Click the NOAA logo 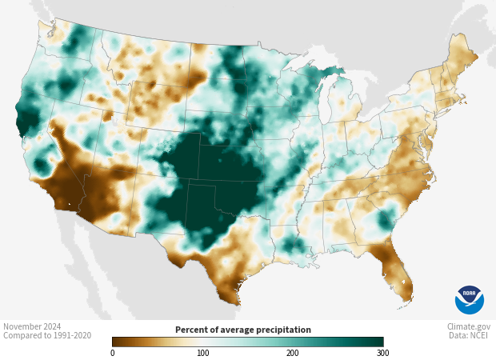(x=469, y=299)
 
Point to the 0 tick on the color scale (x=112, y=353)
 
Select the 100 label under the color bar (x=203, y=353)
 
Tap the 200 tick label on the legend (x=293, y=353)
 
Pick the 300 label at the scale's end (x=382, y=353)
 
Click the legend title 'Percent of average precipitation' (x=243, y=330)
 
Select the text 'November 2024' (x=32, y=326)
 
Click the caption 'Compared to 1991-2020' (x=47, y=336)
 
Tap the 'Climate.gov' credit (x=469, y=326)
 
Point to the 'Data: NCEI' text (x=470, y=336)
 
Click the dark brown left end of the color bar (x=117, y=342)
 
